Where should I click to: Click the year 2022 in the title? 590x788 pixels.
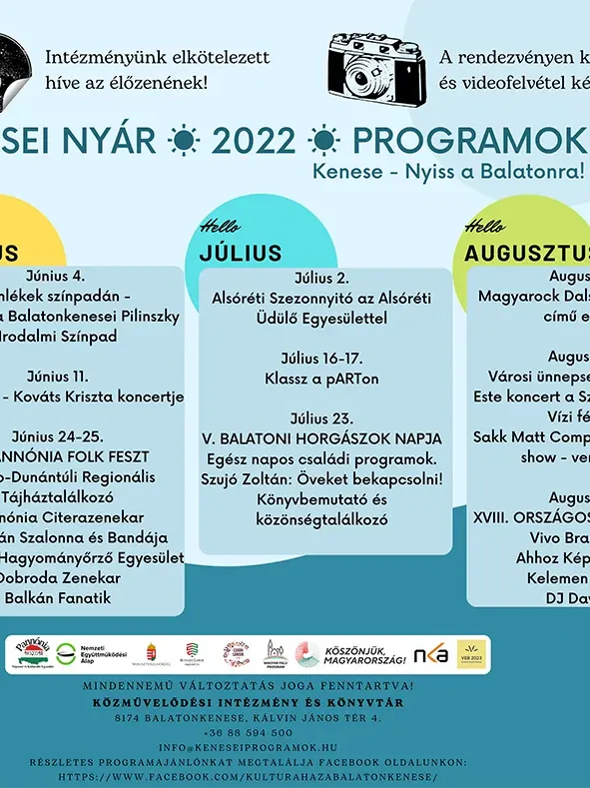pyautogui.click(x=259, y=142)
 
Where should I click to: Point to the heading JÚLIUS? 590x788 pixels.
pyautogui.click(x=240, y=253)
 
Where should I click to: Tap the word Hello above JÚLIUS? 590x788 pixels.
pyautogui.click(x=220, y=226)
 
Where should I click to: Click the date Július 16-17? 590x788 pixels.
pyautogui.click(x=321, y=359)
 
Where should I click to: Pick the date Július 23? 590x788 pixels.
pyautogui.click(x=321, y=417)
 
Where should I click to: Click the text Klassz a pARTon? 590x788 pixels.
pyautogui.click(x=321, y=379)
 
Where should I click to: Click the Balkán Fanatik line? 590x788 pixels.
pyautogui.click(x=58, y=598)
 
